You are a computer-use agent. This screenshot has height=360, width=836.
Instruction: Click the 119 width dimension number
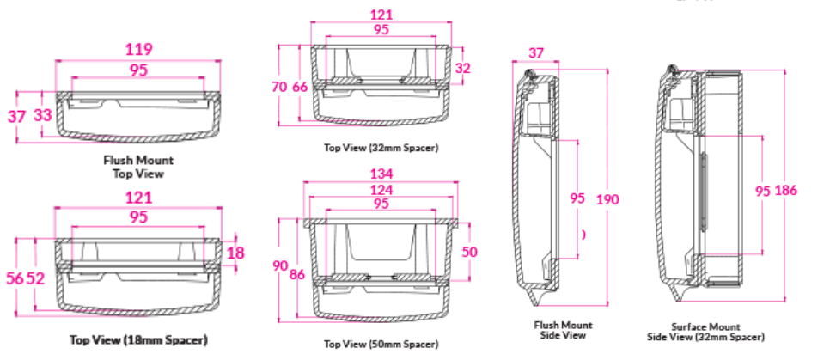tap(138, 50)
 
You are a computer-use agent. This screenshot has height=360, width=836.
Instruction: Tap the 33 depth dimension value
tap(43, 114)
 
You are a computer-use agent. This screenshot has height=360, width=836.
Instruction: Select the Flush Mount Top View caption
tap(138, 167)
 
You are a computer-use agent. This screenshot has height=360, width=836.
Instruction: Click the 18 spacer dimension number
tap(235, 253)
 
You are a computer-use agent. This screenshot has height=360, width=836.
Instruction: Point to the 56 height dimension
tap(15, 278)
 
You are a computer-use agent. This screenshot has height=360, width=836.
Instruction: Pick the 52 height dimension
tap(36, 278)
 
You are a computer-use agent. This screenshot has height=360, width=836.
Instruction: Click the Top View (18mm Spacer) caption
tap(138, 339)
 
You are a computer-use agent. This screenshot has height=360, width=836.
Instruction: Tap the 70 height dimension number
tap(279, 87)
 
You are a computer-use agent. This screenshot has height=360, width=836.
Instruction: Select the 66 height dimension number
tap(300, 87)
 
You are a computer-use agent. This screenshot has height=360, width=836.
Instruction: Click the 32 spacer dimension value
tap(463, 68)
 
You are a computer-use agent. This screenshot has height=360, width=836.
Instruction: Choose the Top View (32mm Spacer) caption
tap(381, 148)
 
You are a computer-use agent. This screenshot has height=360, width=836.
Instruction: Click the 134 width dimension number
tap(381, 174)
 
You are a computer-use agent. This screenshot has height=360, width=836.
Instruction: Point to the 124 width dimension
tap(381, 190)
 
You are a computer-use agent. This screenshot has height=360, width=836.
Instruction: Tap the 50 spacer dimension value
tap(469, 252)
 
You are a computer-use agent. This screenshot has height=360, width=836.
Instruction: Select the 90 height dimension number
tap(280, 265)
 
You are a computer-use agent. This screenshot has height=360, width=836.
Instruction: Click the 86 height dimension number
tap(297, 275)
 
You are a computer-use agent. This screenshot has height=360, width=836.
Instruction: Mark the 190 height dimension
tap(607, 199)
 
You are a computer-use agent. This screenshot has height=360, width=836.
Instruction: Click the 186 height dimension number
tap(786, 190)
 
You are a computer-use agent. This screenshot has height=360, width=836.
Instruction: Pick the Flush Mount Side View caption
tap(563, 330)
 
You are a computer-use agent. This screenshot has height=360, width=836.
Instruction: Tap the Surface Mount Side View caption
tap(706, 332)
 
